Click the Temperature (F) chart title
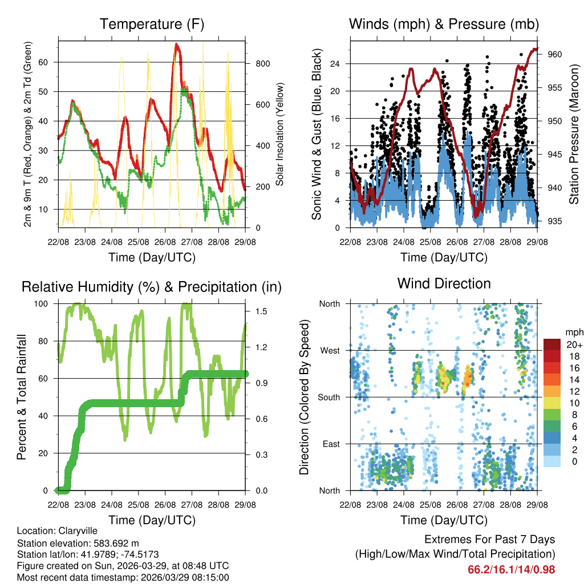pos(152,25)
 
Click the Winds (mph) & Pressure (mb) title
pos(444,25)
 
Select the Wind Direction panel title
pos(444,283)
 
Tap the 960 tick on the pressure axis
pos(555,54)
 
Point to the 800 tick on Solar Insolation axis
pos(262,63)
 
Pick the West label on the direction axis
pos(329,350)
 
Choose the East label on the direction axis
pos(330,444)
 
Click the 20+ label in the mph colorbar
pos(573,344)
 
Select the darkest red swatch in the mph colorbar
pos(552,344)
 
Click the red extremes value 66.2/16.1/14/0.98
pos(511,569)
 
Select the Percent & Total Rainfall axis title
pos(22,397)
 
